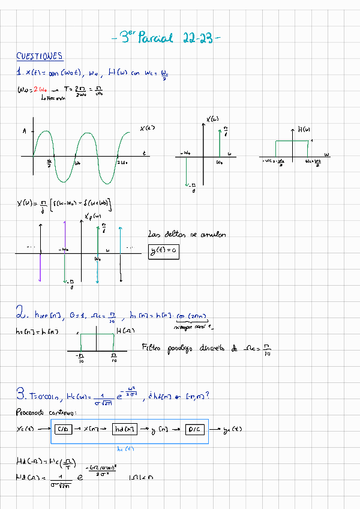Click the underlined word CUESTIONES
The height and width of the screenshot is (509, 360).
(40, 56)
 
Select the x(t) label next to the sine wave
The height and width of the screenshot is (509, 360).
(148, 128)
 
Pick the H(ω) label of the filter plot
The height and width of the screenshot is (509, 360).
(304, 129)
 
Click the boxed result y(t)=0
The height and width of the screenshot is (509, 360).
(164, 251)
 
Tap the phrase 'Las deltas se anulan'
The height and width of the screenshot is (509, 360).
(187, 235)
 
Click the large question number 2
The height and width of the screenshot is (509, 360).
(20, 312)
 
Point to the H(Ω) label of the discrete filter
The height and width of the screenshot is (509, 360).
(124, 331)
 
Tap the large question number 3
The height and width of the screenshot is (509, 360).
(20, 394)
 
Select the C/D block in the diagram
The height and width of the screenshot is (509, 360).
(62, 429)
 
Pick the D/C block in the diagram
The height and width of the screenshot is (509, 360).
(195, 429)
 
